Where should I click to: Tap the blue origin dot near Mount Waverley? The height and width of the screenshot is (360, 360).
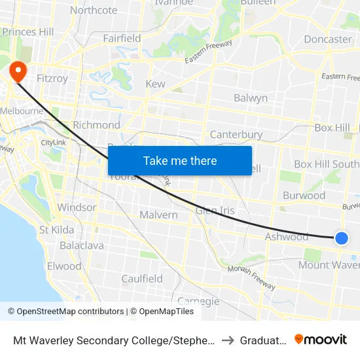(341, 238)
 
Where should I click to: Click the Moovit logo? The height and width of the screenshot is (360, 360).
(321, 340)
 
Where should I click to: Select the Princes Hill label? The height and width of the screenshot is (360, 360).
(28, 32)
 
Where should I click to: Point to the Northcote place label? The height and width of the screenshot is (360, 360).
(94, 10)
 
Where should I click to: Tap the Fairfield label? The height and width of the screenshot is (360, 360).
(122, 38)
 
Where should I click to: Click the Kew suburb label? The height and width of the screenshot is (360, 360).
(155, 84)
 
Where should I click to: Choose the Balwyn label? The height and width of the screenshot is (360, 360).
(251, 98)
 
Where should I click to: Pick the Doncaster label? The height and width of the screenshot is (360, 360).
(327, 39)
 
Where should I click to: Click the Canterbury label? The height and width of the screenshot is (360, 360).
(236, 135)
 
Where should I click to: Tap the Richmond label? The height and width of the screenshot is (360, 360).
(96, 125)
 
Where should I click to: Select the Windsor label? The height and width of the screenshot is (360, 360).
(77, 207)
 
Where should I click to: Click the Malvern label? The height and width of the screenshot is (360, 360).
(158, 215)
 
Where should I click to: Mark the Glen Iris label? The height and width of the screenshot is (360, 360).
(215, 210)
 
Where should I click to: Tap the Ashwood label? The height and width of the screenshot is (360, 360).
(286, 236)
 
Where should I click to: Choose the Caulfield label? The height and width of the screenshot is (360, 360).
(142, 279)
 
